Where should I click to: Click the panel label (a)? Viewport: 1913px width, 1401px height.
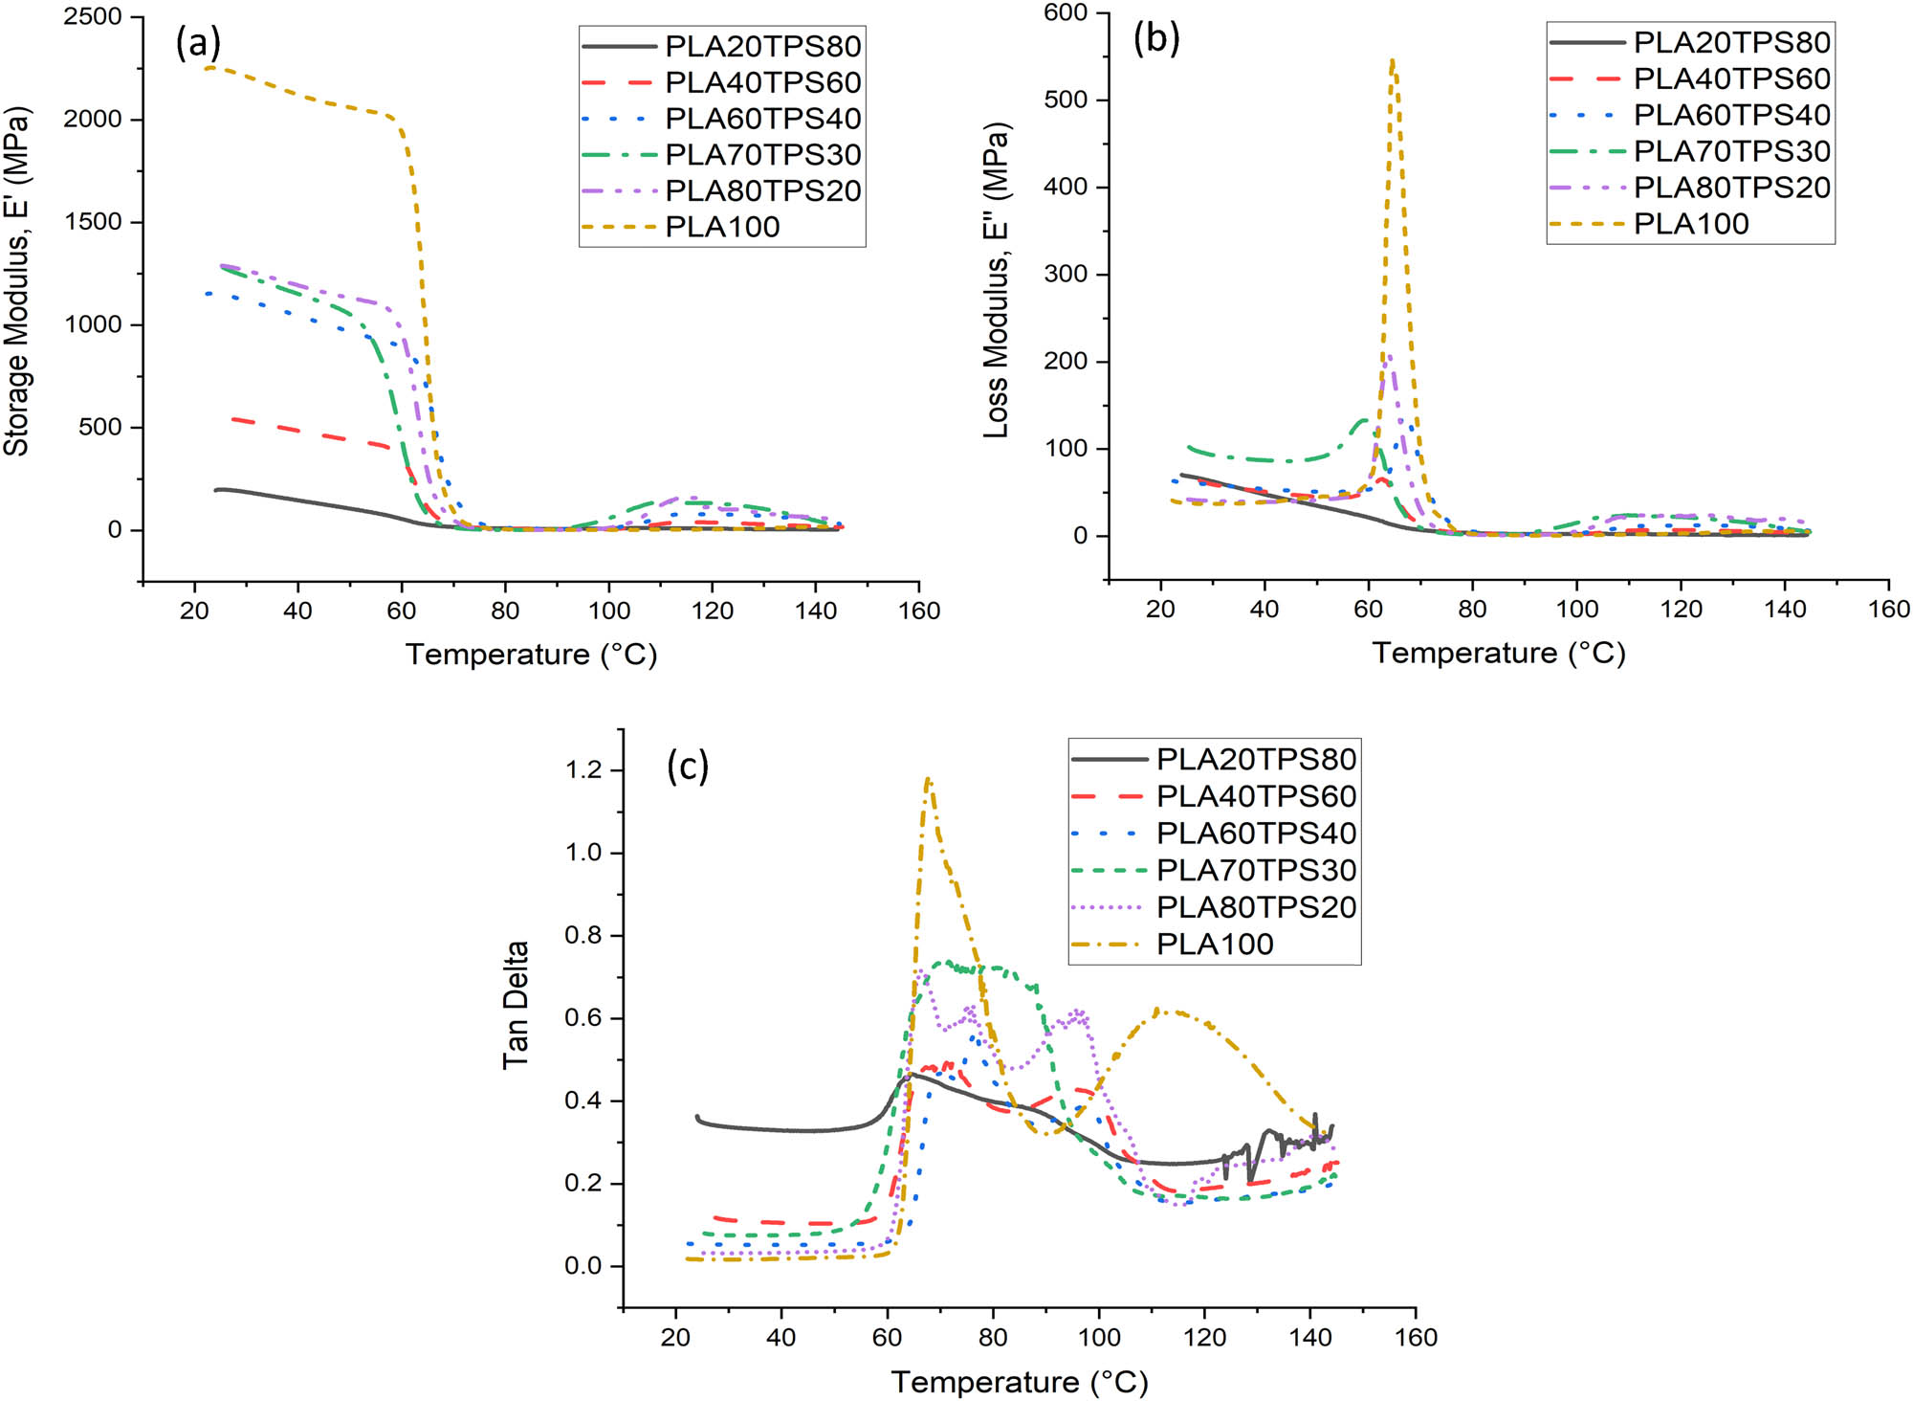tap(198, 43)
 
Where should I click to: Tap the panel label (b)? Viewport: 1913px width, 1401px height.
tap(1156, 39)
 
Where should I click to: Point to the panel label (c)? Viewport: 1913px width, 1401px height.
tap(688, 767)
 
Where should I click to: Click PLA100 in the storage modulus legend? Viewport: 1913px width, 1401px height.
tap(722, 227)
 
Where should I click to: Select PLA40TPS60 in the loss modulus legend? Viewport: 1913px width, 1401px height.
tap(1731, 78)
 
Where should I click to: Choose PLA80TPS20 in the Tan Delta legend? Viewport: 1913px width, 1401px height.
tap(1256, 907)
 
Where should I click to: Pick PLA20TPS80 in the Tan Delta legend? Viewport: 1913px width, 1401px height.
tap(1256, 759)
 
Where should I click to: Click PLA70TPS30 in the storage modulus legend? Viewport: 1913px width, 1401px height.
tap(762, 154)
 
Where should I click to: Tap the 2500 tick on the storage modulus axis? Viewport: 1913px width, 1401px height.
tap(93, 17)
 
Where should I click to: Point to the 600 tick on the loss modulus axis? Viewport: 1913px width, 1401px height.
tap(1066, 12)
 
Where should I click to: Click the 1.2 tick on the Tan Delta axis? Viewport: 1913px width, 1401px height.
tap(583, 769)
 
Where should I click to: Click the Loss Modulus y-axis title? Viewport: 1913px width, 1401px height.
tap(997, 280)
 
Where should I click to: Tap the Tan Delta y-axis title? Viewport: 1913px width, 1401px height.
tap(516, 1005)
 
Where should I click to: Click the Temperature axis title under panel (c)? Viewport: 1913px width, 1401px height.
tap(1020, 1382)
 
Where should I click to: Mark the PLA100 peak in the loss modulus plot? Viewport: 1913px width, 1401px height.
tap(1393, 60)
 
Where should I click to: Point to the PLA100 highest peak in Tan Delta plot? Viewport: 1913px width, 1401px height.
tap(927, 779)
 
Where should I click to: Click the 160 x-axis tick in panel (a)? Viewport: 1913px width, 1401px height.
tap(919, 611)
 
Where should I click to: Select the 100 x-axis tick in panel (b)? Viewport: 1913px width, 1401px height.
tap(1576, 609)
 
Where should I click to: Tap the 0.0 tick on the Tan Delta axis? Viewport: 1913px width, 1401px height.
tap(583, 1266)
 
